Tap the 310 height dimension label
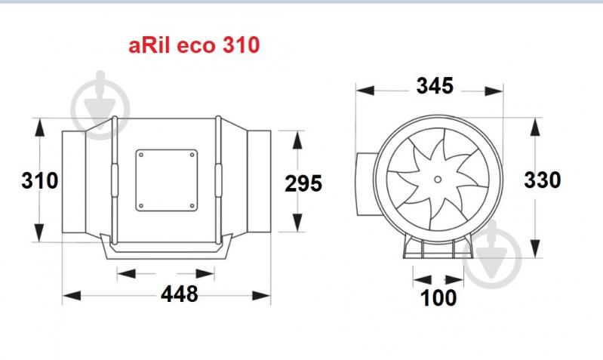[39, 181]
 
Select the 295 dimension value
[303, 183]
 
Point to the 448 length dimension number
[179, 294]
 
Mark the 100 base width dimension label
[438, 297]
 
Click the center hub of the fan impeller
[438, 179]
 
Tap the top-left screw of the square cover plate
[141, 155]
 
